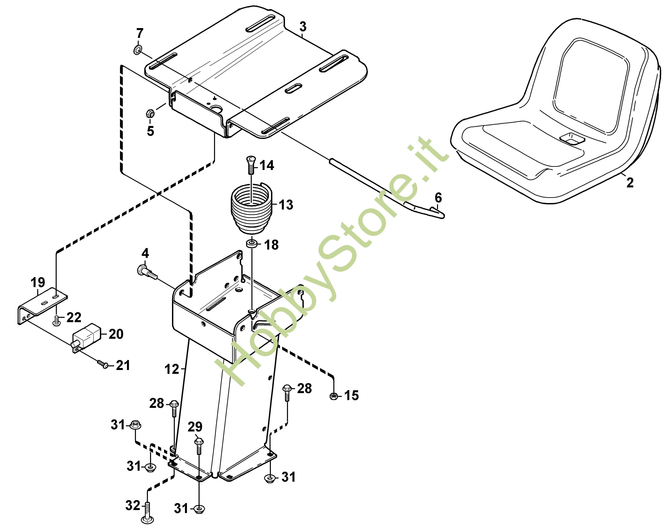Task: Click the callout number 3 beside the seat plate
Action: [303, 27]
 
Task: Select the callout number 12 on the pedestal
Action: [172, 369]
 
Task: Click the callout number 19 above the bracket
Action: [38, 282]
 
